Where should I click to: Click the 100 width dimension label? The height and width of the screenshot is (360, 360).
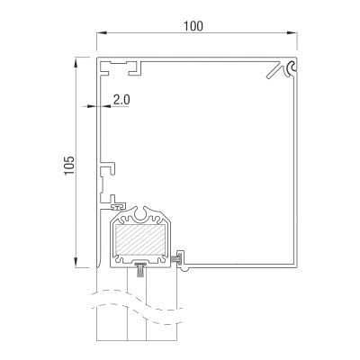[x=193, y=26]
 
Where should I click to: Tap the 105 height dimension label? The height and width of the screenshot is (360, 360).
[x=69, y=165]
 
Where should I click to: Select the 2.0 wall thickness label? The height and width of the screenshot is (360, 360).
[x=121, y=99]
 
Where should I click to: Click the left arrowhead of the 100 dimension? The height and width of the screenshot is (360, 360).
[x=102, y=32]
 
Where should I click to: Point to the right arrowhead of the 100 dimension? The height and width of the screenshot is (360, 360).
[x=292, y=32]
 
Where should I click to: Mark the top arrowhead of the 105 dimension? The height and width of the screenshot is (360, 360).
[x=76, y=62]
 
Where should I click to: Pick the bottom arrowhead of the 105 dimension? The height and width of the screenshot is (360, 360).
[x=76, y=262]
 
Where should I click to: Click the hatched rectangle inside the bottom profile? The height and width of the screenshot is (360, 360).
[x=140, y=239]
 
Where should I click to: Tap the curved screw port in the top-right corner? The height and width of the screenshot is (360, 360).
[x=292, y=68]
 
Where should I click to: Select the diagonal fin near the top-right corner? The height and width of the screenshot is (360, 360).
[x=274, y=71]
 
